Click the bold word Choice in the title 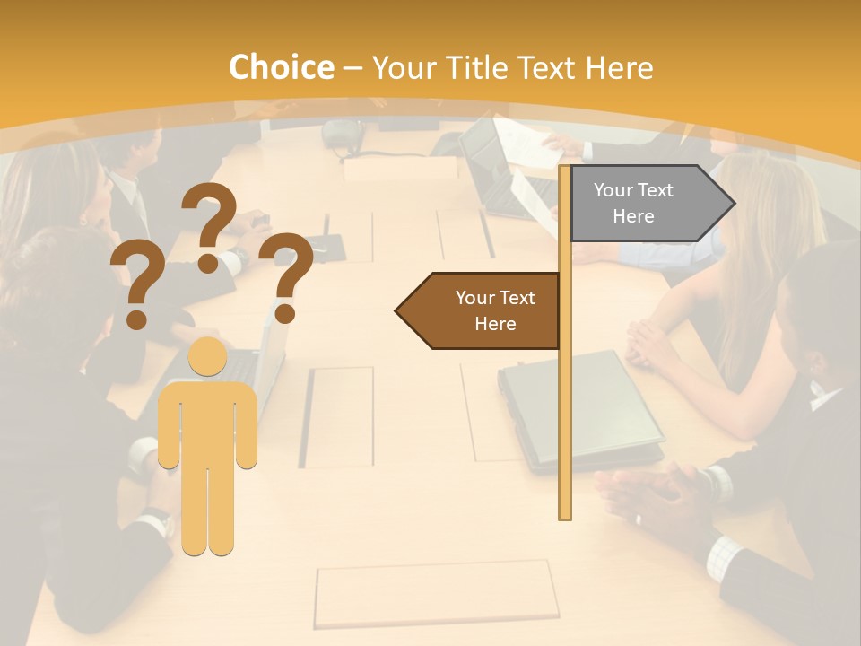pos(281,68)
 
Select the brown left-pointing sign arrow pos(479,310)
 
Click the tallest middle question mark pos(209,224)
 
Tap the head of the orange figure pos(207,357)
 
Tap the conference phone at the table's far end pos(342,135)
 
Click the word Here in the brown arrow pos(495,324)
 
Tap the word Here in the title pos(619,68)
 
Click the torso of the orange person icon pos(207,422)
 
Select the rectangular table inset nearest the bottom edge pos(437,594)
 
